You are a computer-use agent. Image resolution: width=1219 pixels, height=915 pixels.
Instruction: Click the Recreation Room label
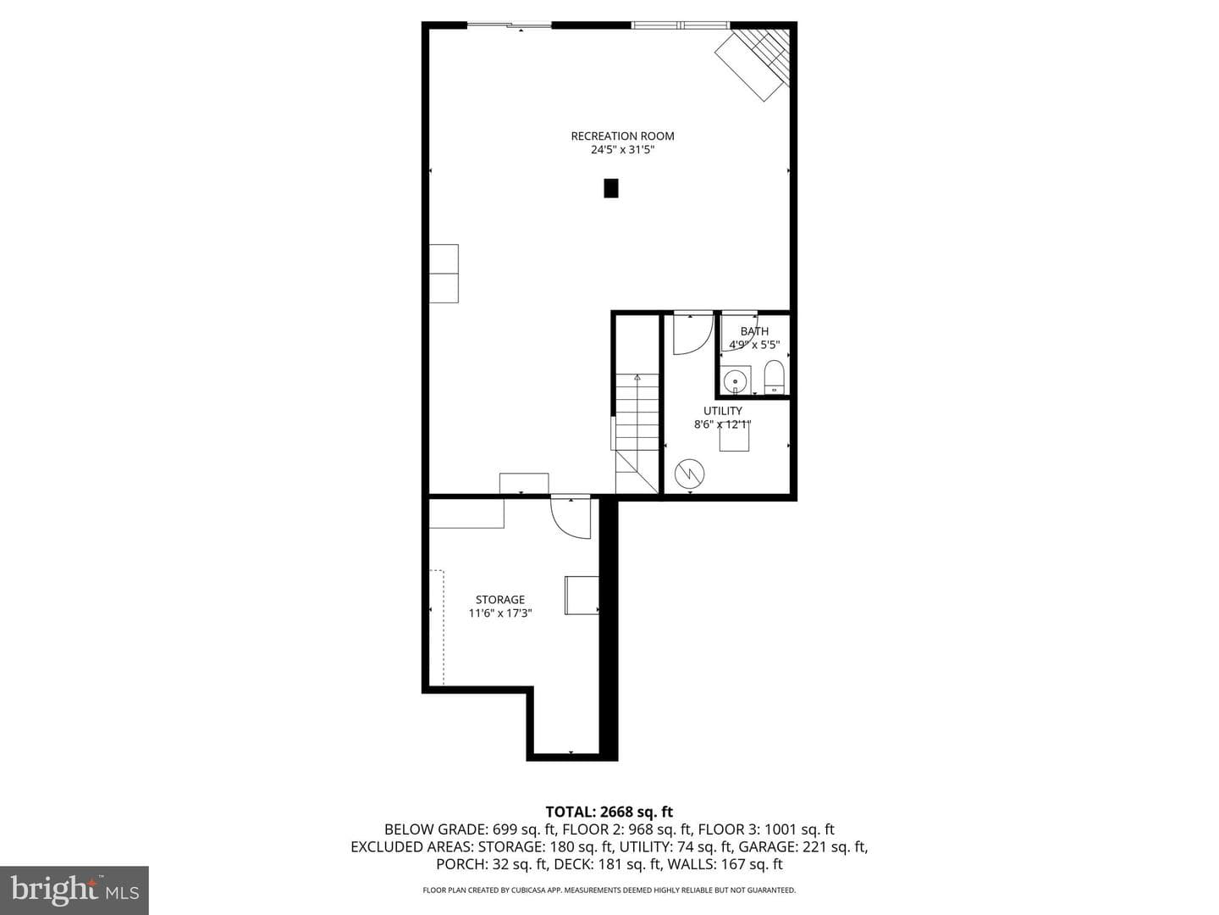coord(622,136)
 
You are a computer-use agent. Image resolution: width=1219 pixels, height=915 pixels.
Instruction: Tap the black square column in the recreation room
coord(611,188)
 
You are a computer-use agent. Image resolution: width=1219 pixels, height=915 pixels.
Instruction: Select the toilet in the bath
coord(774,377)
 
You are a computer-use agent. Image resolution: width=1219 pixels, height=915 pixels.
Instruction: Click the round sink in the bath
coord(736,381)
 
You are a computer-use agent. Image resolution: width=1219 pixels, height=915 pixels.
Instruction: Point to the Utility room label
coord(723,411)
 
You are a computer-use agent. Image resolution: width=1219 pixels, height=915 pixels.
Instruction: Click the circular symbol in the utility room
coord(690,474)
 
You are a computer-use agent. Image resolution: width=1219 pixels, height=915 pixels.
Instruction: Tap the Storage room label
coord(499,600)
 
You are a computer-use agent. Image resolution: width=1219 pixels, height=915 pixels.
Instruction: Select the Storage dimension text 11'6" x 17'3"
coord(499,613)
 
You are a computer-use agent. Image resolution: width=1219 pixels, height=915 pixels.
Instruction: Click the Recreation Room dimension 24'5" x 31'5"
coord(622,150)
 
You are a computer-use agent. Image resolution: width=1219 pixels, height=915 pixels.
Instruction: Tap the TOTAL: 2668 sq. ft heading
coord(609,812)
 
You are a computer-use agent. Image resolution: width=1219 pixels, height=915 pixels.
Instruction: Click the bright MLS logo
coord(74,889)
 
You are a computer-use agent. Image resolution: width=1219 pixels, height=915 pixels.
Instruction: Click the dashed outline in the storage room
coord(439,627)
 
